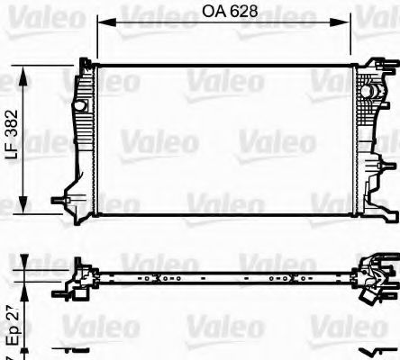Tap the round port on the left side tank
tap(78, 95)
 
